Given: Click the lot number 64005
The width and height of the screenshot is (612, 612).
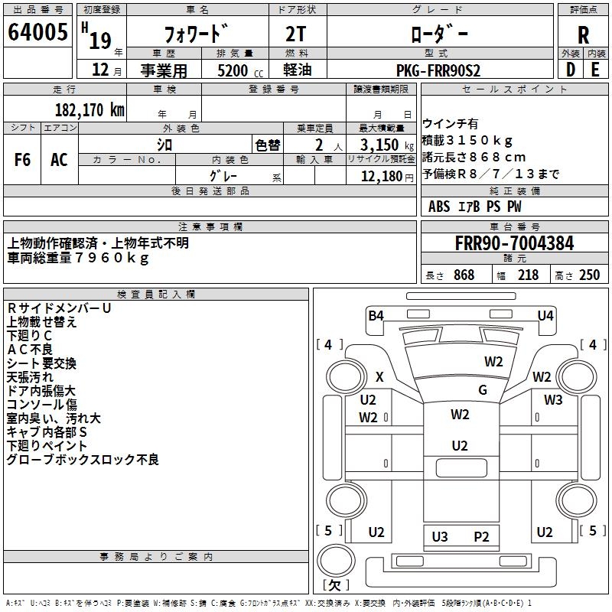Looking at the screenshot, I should (x=37, y=33).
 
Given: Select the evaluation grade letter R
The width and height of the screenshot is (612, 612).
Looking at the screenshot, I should (x=583, y=34).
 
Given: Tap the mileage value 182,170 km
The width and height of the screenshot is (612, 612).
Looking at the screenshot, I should (x=89, y=110).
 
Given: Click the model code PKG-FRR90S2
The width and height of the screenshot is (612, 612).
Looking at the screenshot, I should (x=438, y=70).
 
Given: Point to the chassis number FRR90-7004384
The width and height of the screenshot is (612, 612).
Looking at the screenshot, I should (x=514, y=244).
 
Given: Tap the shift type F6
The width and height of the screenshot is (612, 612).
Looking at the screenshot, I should (x=22, y=160).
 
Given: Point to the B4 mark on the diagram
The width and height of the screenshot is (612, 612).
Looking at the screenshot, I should (x=376, y=315).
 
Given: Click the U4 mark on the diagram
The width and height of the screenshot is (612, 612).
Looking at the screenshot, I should (x=545, y=315).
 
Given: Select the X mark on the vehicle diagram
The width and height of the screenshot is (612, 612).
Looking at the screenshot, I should (x=379, y=376).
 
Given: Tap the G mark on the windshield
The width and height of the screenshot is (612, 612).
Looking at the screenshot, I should (x=482, y=390).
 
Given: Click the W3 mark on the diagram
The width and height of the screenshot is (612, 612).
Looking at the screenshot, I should (x=553, y=399).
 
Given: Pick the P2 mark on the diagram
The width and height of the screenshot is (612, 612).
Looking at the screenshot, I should (x=481, y=536).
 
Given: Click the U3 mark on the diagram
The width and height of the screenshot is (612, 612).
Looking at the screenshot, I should (x=440, y=536).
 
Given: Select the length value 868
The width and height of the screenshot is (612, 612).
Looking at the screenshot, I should (x=464, y=275).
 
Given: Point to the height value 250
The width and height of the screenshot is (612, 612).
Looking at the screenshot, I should (x=589, y=275).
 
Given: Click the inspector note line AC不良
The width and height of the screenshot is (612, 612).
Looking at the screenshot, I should (x=30, y=350).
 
